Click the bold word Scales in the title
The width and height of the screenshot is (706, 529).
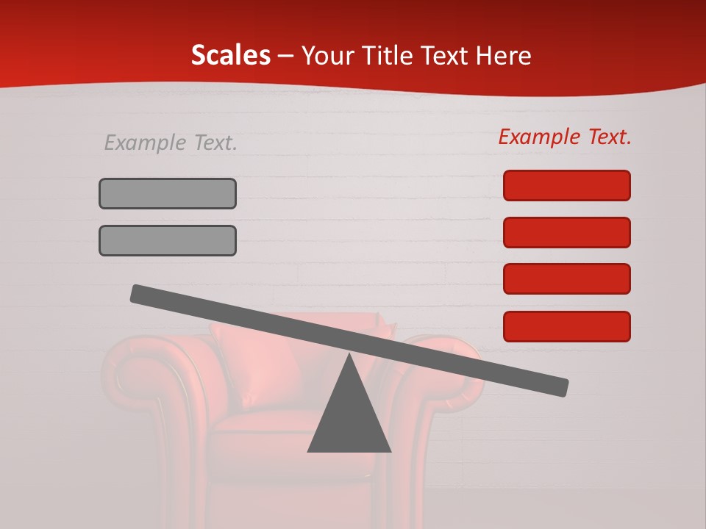point(230,56)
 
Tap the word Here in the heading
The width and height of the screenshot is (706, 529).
point(504,56)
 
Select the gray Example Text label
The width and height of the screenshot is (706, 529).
point(171,143)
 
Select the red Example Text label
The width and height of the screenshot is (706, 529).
point(565,137)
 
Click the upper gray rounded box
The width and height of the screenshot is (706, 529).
point(168,193)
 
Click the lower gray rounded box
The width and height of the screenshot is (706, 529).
point(168,240)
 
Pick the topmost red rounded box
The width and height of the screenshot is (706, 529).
point(567,185)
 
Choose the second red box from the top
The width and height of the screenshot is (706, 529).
point(567,232)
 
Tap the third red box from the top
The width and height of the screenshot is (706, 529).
point(567,279)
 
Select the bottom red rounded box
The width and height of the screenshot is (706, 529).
point(567,326)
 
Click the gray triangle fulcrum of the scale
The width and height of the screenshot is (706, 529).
point(349,419)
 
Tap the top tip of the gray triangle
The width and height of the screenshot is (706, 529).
point(350,356)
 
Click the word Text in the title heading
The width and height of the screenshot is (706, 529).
point(444,56)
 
